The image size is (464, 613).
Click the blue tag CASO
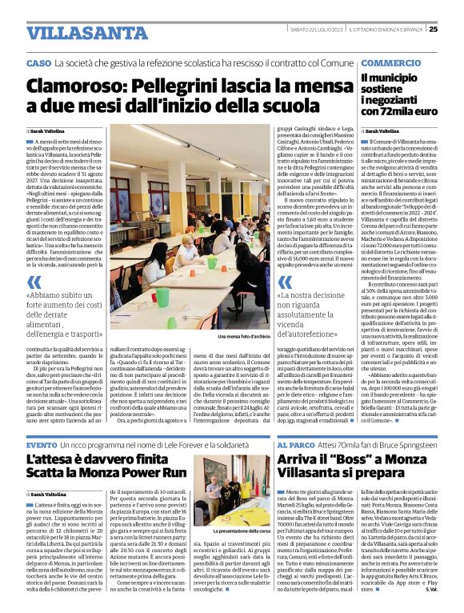[x=38, y=63]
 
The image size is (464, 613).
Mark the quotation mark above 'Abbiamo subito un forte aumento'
[x=34, y=282]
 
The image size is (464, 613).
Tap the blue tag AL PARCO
[x=294, y=444]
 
